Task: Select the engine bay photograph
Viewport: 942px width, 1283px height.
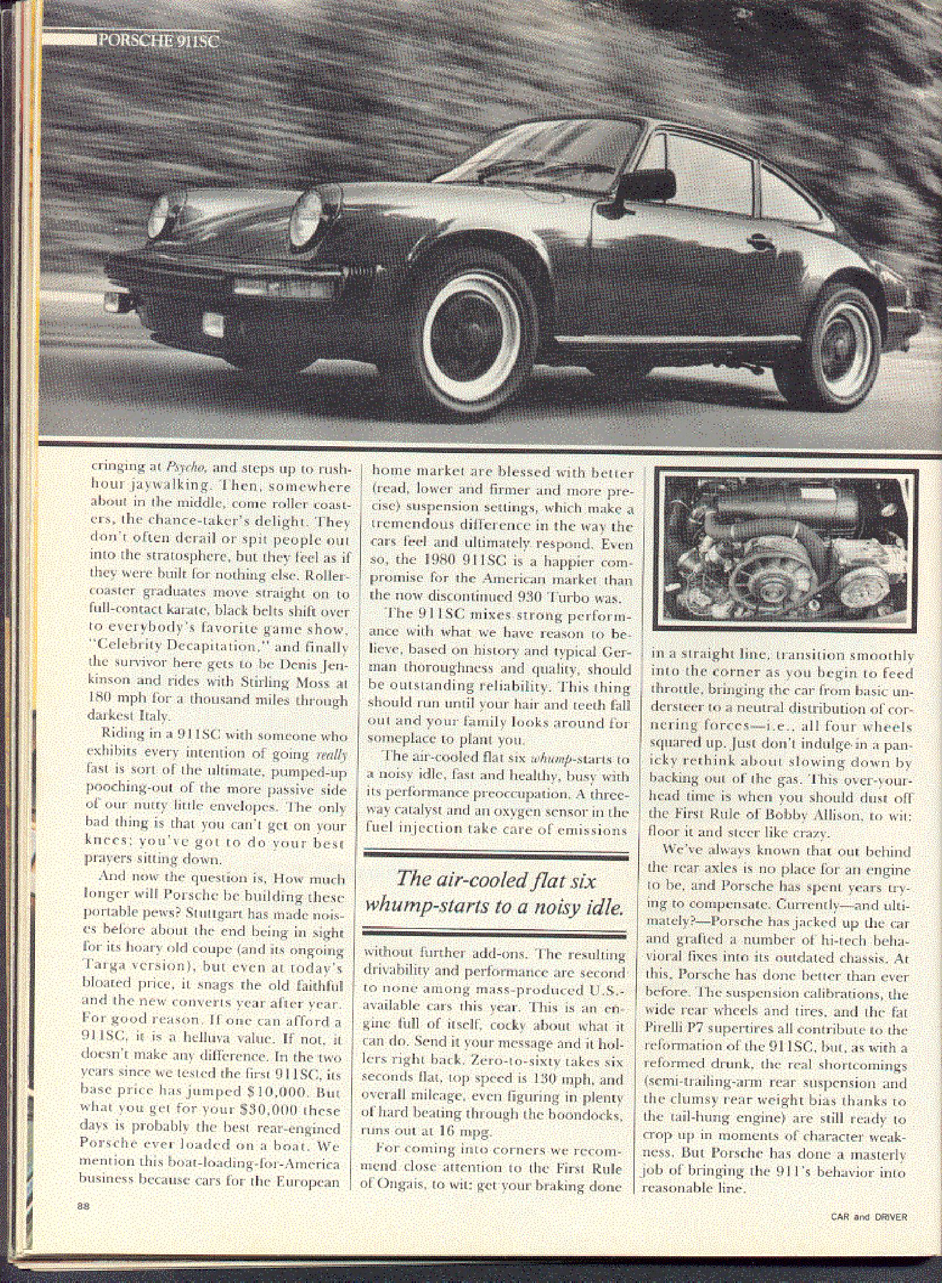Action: pos(785,550)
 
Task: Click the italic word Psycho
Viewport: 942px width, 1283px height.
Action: pos(184,468)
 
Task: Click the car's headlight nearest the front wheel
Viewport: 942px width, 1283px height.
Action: pos(311,211)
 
